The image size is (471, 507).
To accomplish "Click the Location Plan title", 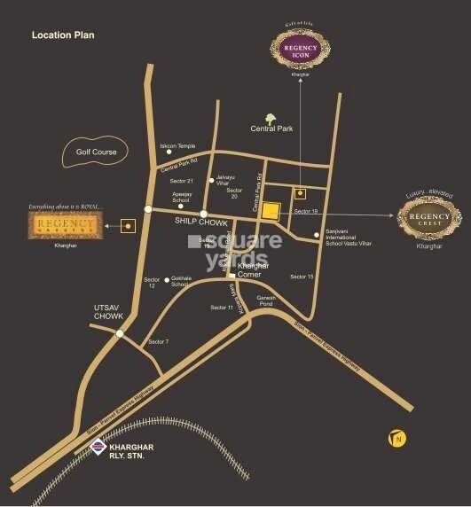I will coord(63,35).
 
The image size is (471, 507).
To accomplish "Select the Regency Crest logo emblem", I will coord(428,215).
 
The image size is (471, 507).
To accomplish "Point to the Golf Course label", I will coord(96,152).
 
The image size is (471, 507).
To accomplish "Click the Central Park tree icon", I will coord(271,117).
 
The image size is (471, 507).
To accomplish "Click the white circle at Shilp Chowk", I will coord(204,214).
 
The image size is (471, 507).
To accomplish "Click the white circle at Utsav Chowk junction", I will coord(120,334).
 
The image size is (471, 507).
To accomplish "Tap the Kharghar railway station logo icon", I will coord(98,449).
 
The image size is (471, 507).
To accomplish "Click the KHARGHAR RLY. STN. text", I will coord(137,452).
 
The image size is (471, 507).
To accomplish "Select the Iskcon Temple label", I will coord(178,146).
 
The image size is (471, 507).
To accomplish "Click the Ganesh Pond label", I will coord(267,300).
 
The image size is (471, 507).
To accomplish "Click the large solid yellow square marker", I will coord(271,210).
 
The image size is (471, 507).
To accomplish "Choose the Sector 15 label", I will coord(302,277).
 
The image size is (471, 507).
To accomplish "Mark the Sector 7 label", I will coord(159,341).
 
